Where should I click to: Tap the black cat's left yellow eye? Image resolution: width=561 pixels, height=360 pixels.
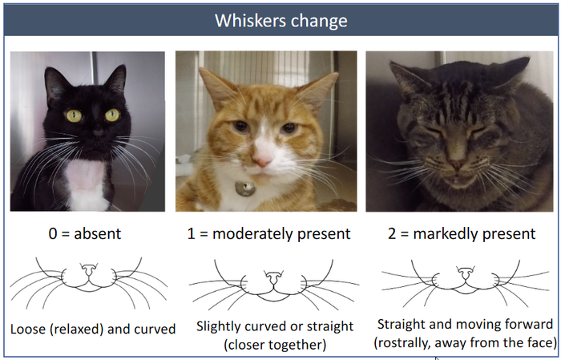pyautogui.click(x=74, y=115)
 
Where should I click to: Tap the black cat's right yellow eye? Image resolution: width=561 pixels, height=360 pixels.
pyautogui.click(x=112, y=115)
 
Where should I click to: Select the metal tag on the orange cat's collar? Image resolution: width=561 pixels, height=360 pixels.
pyautogui.click(x=245, y=188)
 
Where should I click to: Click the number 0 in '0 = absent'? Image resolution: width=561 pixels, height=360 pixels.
pyautogui.click(x=53, y=234)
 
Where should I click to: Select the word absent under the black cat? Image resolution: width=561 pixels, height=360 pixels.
pyautogui.click(x=98, y=233)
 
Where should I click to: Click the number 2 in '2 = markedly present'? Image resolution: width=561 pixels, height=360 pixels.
pyautogui.click(x=392, y=234)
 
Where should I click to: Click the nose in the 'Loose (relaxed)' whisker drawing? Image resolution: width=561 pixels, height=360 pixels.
pyautogui.click(x=89, y=271)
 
